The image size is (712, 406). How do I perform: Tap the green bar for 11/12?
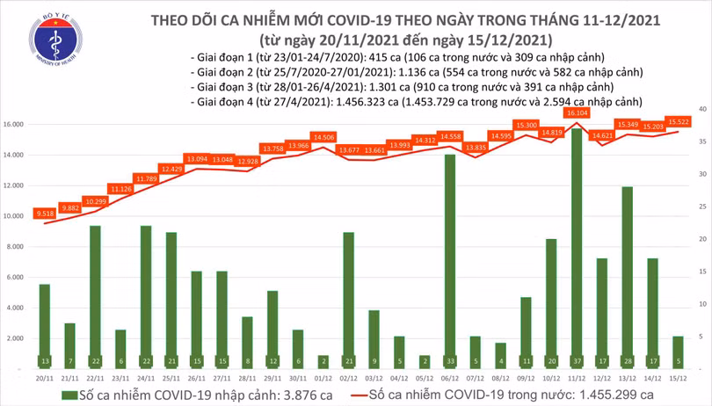pos(576,248)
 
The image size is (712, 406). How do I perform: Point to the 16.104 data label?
pos(577,114)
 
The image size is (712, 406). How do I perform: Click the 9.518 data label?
pos(45,214)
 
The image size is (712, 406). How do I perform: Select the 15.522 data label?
pos(677,122)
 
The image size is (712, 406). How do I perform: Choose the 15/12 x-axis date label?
pos(677,379)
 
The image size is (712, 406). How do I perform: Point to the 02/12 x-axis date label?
pos(348,379)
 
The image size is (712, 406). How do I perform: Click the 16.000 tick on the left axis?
pos(12,125)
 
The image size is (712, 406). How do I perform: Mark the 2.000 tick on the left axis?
pos(14,338)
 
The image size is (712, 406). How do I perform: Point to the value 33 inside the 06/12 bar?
pos(449,361)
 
